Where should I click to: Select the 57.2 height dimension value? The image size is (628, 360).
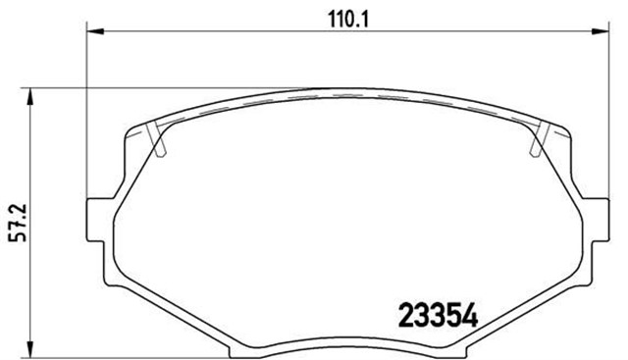point(11,220)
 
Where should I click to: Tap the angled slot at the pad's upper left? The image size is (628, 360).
point(160,141)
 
